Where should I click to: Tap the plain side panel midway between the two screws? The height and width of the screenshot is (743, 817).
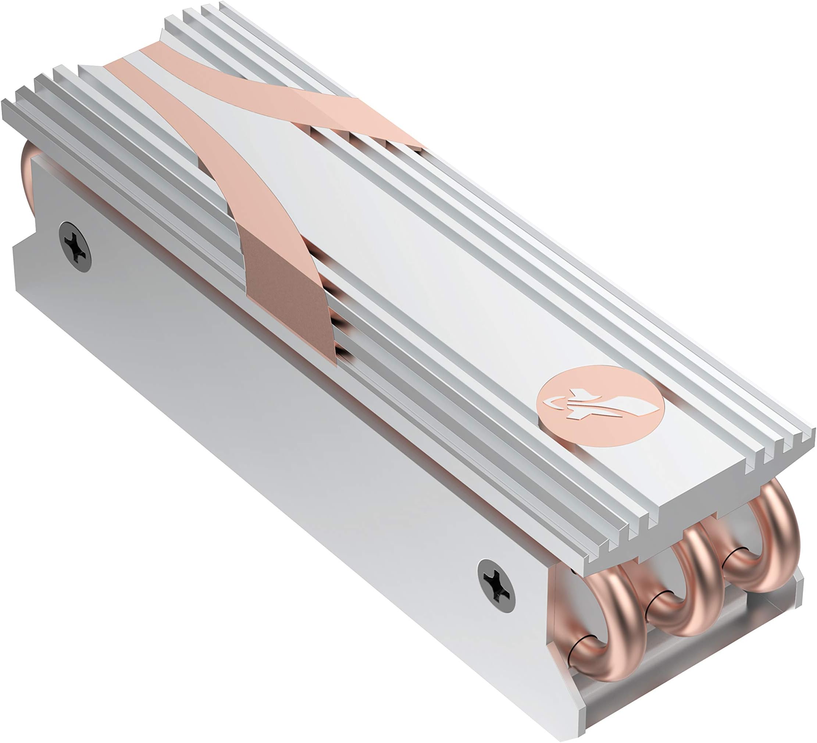pyautogui.click(x=284, y=413)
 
